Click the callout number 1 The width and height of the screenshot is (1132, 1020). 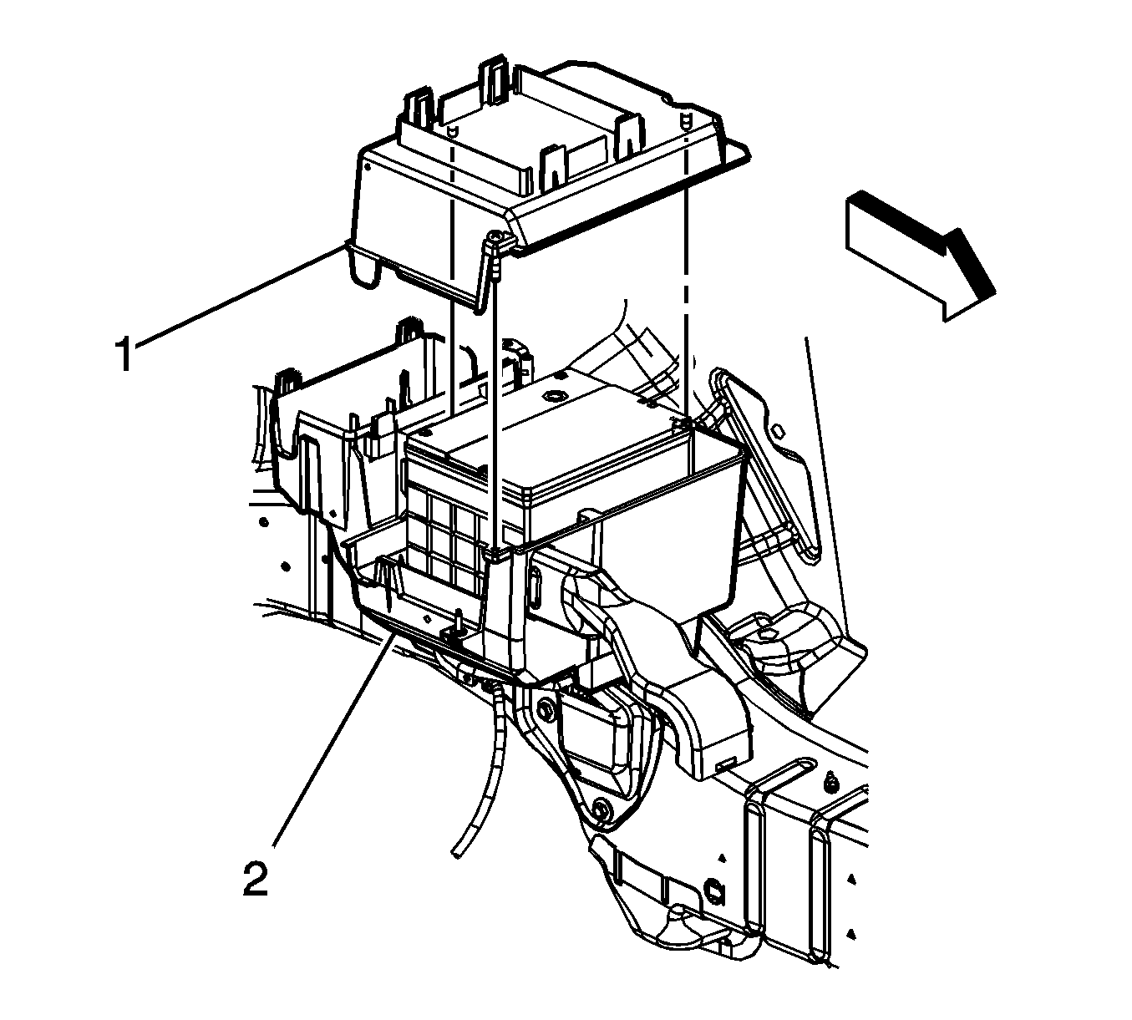[123, 353]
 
